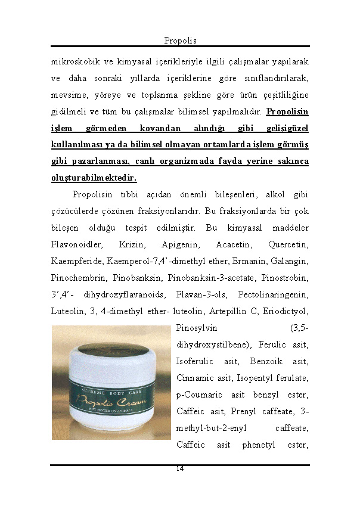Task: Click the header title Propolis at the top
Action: click(180, 41)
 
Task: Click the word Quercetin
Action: click(288, 244)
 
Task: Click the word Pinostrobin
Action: click(284, 278)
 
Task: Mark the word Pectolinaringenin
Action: click(273, 294)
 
